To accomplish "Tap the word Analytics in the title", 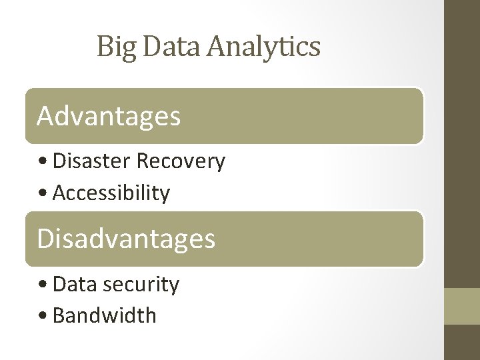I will tap(263, 47).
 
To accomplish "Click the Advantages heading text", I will tap(109, 116).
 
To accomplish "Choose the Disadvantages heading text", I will tap(126, 239).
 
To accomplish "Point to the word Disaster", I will tap(91, 161).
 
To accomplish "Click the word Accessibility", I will tap(111, 193).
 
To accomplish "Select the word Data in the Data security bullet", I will tap(74, 285).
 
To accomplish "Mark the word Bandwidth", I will tap(104, 315).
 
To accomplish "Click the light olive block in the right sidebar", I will tap(462, 306).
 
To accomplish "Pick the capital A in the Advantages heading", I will tap(45, 116).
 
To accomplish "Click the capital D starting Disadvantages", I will tap(45, 239).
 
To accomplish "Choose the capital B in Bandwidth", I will tap(59, 315).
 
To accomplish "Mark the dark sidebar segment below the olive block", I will tap(462, 343).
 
